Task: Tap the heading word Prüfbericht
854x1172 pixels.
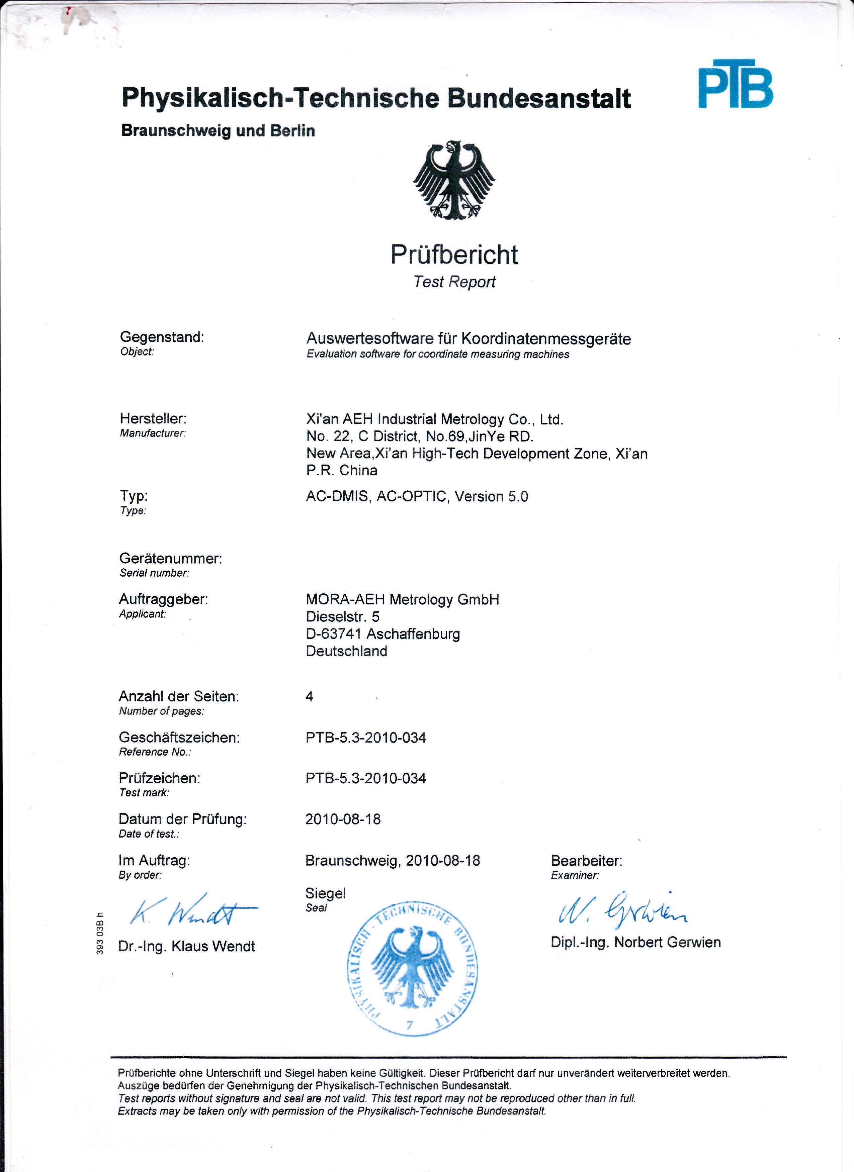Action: (454, 255)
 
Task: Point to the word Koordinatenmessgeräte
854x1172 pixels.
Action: (546, 339)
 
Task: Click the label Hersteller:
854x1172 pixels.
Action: (153, 418)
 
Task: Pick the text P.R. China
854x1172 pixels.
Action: (342, 470)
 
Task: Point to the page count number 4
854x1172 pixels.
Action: (309, 697)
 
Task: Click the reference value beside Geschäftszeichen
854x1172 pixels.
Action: (365, 738)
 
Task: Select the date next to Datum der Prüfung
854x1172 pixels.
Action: (343, 819)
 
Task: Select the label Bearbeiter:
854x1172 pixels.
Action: (586, 861)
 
